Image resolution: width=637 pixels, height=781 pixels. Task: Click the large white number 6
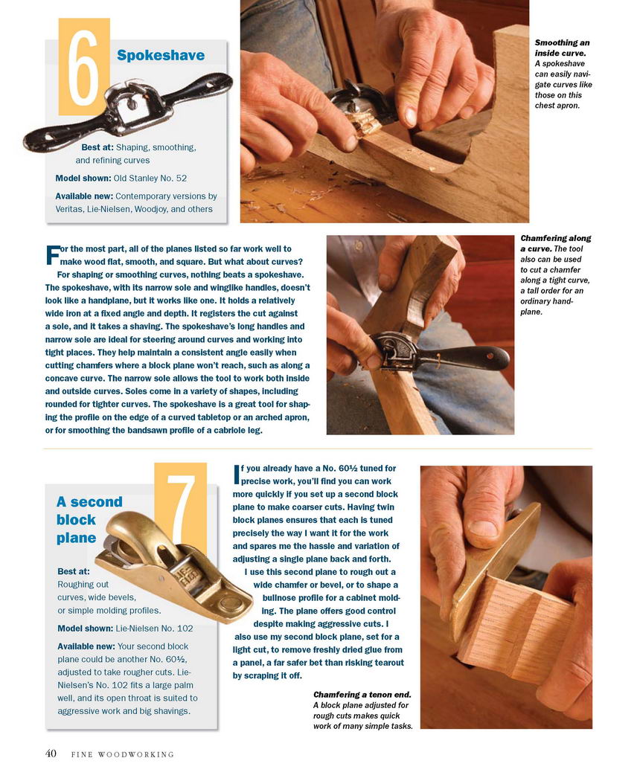click(83, 67)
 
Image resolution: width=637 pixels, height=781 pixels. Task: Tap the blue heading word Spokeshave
click(161, 55)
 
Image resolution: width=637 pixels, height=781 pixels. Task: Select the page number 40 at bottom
click(51, 753)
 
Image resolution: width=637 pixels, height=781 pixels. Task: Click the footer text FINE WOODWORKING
click(123, 755)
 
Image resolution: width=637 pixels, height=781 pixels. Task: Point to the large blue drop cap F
click(52, 254)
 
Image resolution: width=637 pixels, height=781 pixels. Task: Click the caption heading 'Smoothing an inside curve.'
click(562, 48)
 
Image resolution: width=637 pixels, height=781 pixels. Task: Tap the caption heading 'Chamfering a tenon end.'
click(362, 694)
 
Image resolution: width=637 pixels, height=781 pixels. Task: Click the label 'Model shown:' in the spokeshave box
click(83, 179)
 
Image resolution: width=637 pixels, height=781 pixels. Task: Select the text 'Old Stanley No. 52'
click(150, 179)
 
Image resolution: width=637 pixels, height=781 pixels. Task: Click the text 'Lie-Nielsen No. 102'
click(154, 629)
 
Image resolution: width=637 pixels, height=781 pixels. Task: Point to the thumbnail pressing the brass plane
click(483, 527)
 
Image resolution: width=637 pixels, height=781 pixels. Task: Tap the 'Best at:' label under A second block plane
click(73, 571)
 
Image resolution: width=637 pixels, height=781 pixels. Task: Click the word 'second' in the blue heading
click(96, 501)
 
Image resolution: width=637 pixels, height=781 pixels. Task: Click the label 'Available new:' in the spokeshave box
click(84, 196)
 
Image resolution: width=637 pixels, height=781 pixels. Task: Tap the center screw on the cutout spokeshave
click(131, 106)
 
